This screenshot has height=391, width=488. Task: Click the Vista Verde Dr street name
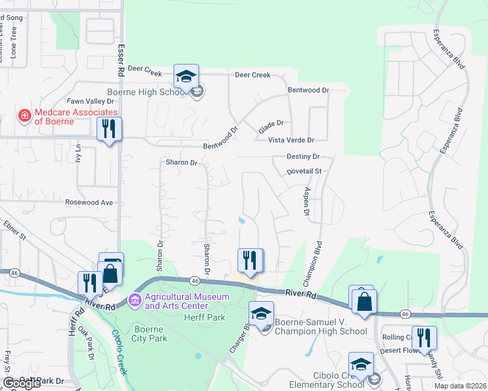pos(292,140)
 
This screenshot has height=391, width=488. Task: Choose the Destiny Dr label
pos(303,157)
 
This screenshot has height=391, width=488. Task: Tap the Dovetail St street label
pos(305,171)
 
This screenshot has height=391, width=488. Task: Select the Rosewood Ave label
pos(89,203)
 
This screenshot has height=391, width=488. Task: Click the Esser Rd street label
pos(121,59)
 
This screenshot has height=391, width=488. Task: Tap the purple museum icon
pos(134,300)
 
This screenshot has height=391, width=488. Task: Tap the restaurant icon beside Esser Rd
pos(109,129)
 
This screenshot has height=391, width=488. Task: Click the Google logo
pos(22,383)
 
